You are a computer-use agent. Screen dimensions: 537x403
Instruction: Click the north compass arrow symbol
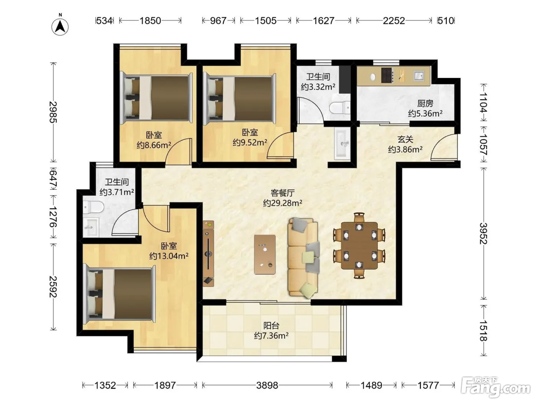point(60,26)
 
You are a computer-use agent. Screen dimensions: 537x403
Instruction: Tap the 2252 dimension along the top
point(394,21)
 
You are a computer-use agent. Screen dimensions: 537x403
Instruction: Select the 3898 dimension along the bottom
point(267,385)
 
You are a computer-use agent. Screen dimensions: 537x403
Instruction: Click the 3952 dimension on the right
point(483,233)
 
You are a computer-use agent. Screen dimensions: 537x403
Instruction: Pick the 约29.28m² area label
point(283,203)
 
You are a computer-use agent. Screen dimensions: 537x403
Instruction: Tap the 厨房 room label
point(425,104)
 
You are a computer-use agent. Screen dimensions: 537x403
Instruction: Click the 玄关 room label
point(405,139)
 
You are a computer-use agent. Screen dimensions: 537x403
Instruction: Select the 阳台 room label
point(271,325)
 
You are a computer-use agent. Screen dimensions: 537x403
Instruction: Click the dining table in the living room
point(359,245)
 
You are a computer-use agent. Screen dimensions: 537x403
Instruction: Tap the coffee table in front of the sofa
point(265,254)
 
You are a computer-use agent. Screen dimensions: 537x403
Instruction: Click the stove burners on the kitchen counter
point(387,75)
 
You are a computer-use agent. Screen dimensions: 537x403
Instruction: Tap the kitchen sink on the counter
point(418,75)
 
